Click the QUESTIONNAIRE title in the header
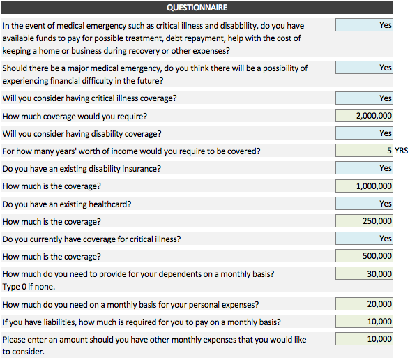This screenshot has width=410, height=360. tap(197, 7)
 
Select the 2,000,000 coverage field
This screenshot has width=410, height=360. tap(364, 116)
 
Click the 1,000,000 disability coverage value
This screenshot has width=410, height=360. tap(364, 186)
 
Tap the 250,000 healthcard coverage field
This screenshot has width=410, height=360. tap(364, 221)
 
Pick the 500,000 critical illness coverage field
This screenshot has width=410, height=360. tap(364, 256)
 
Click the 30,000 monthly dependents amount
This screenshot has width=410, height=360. tap(364, 273)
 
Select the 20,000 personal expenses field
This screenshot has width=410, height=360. tap(364, 304)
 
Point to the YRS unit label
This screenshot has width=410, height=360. tap(402, 151)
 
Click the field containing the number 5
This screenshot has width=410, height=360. tap(364, 151)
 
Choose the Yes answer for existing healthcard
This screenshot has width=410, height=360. tap(364, 204)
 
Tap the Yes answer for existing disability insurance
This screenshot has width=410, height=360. tap(364, 168)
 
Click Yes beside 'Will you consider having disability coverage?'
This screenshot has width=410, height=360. tap(364, 133)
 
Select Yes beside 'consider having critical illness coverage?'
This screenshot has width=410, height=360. tap(364, 98)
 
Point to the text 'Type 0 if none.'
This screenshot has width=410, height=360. tap(29, 287)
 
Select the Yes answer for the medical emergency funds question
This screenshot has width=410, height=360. tap(364, 25)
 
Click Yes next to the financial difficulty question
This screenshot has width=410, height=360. tap(364, 68)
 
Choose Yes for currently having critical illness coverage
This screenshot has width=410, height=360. tap(364, 239)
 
